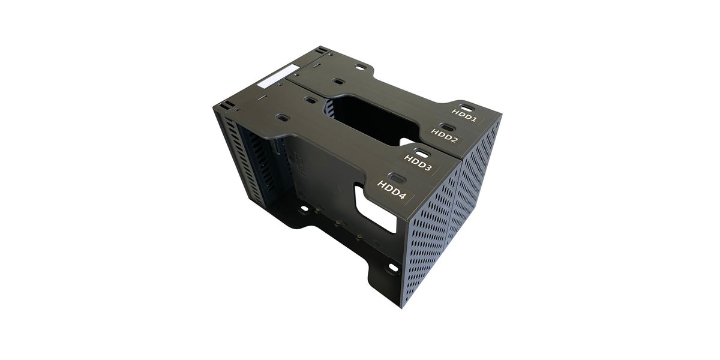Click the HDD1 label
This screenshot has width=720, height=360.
[464, 115]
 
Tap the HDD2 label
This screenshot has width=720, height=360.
[444, 136]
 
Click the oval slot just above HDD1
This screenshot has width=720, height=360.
[465, 107]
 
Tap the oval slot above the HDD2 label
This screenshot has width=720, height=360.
[447, 127]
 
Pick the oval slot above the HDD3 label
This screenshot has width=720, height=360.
[422, 154]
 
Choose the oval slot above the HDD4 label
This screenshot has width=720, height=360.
[395, 178]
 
